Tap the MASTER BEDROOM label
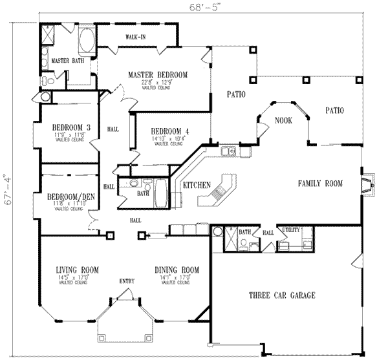157,75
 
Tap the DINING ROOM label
176,270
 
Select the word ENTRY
127,281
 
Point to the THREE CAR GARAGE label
282,295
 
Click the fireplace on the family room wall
367,186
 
